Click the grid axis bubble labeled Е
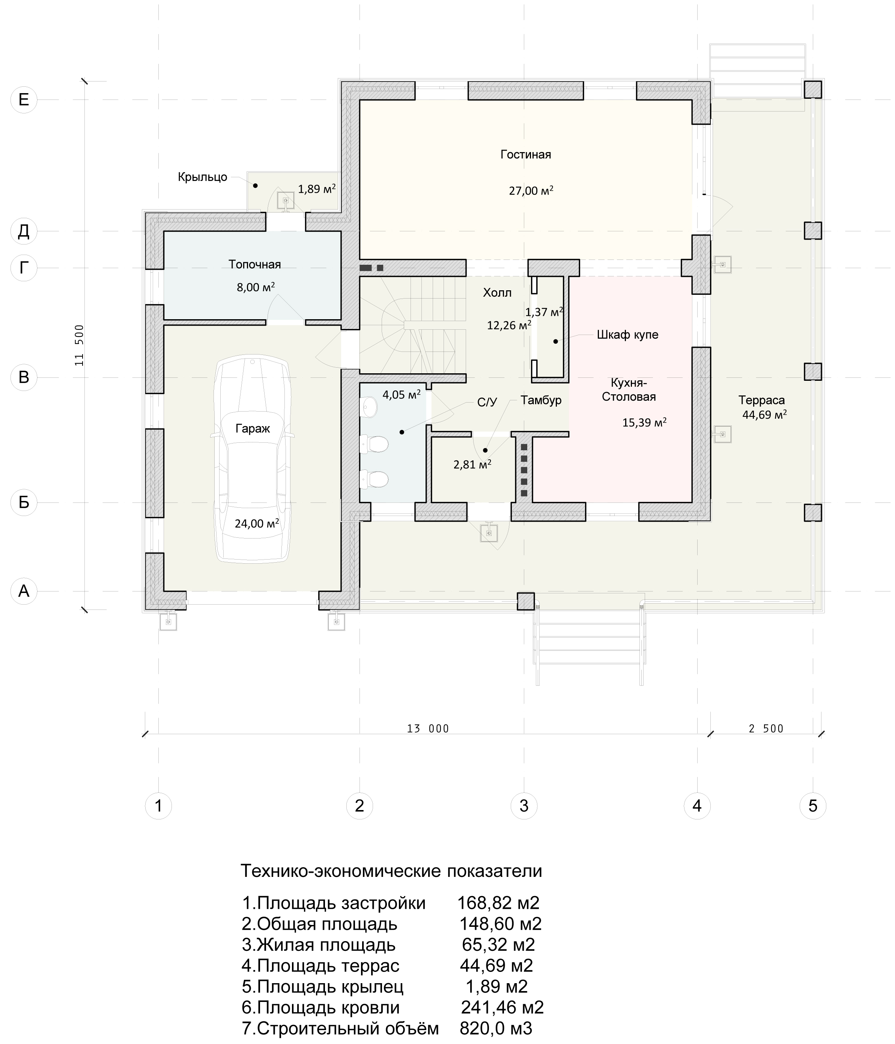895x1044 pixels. (x=24, y=99)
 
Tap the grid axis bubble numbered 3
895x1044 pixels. (x=524, y=806)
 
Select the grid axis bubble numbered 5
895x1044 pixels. (x=813, y=806)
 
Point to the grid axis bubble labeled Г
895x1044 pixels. (x=24, y=267)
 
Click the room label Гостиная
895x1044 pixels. (x=525, y=154)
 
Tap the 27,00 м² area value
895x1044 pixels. (x=531, y=190)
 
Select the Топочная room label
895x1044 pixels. (x=255, y=264)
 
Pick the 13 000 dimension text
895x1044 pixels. (x=428, y=728)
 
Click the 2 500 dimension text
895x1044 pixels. (x=766, y=728)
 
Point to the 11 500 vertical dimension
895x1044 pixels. (x=80, y=345)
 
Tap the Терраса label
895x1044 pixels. (x=762, y=400)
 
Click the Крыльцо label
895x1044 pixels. (x=202, y=177)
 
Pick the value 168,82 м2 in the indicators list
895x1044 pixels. (x=498, y=902)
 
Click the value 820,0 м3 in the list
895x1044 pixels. (x=496, y=1028)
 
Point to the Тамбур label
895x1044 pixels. (x=541, y=400)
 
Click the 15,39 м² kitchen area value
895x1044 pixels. (x=644, y=422)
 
